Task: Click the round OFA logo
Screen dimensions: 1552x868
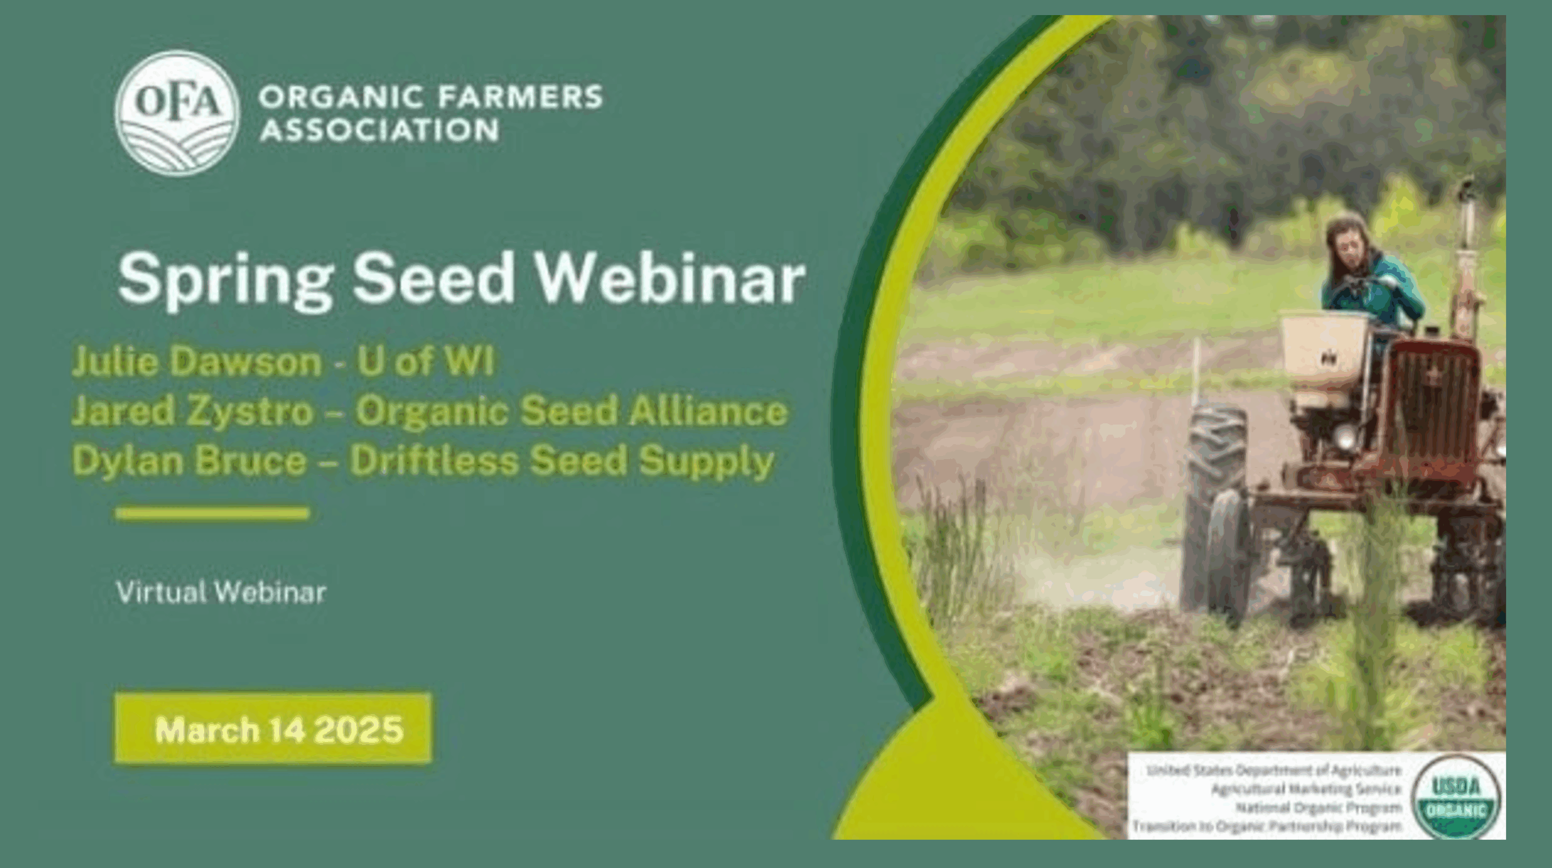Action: (178, 113)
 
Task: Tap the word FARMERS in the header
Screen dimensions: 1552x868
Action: (518, 97)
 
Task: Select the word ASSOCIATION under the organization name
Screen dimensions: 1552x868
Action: (380, 130)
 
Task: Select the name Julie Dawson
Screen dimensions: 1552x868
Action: (197, 362)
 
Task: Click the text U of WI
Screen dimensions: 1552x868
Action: (425, 361)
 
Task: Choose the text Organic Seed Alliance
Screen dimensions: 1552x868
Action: (571, 411)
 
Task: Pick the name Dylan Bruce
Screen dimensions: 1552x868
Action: (189, 460)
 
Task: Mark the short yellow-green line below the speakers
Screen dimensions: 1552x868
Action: (212, 514)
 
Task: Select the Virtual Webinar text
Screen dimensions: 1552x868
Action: (221, 592)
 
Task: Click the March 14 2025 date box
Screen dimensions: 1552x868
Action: (273, 729)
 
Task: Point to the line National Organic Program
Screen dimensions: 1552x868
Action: (1318, 808)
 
